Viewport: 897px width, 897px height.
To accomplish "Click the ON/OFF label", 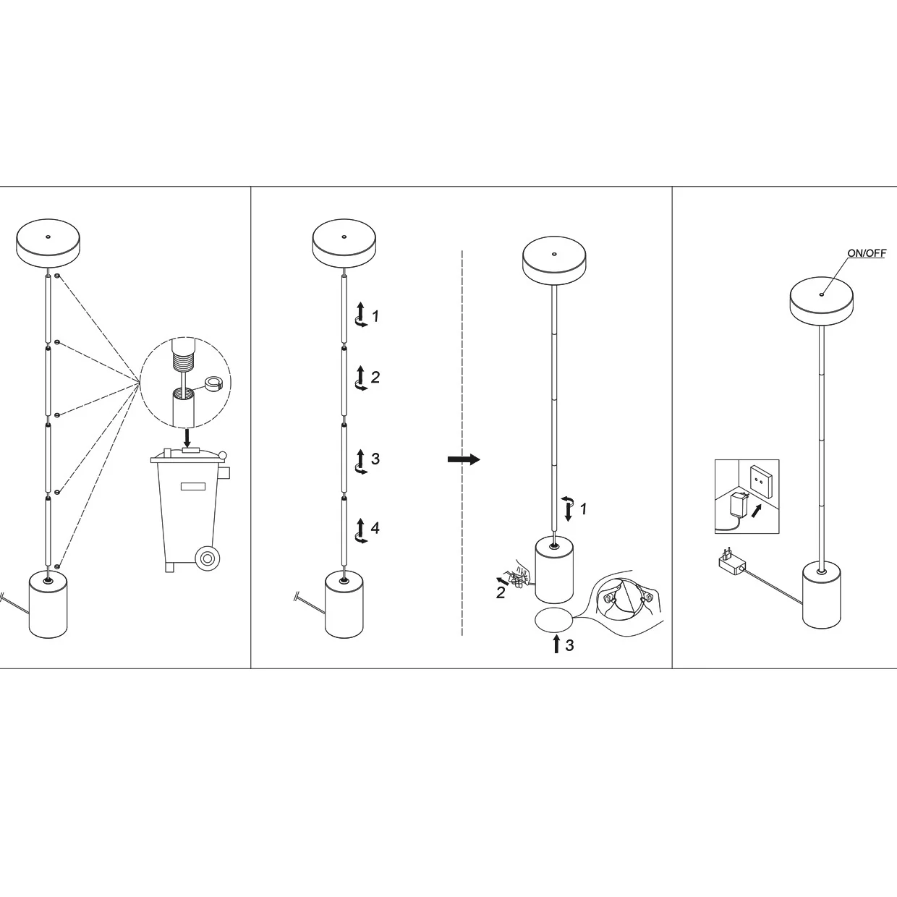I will tap(866, 253).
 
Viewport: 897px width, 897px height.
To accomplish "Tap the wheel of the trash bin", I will tap(208, 558).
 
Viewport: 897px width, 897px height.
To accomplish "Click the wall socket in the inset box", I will tap(760, 477).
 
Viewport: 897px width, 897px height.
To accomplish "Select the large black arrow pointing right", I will tap(464, 459).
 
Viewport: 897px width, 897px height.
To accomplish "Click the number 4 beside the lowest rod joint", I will tap(375, 528).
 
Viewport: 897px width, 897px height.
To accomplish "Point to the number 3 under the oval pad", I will tap(569, 645).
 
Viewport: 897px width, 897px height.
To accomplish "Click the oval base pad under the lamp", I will tap(553, 620).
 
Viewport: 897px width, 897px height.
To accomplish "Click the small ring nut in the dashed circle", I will tap(215, 384).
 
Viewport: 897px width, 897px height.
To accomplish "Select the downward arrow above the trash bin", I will tap(187, 437).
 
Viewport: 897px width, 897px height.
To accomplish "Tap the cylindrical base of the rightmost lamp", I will tap(822, 597).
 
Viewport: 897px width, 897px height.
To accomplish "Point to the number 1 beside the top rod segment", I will tap(375, 316).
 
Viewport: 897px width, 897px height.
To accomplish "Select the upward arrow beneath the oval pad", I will tap(556, 643).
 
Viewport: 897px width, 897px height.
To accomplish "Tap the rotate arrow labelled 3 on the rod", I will tap(360, 461).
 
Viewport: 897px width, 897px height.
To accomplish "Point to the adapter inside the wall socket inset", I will tap(739, 503).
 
